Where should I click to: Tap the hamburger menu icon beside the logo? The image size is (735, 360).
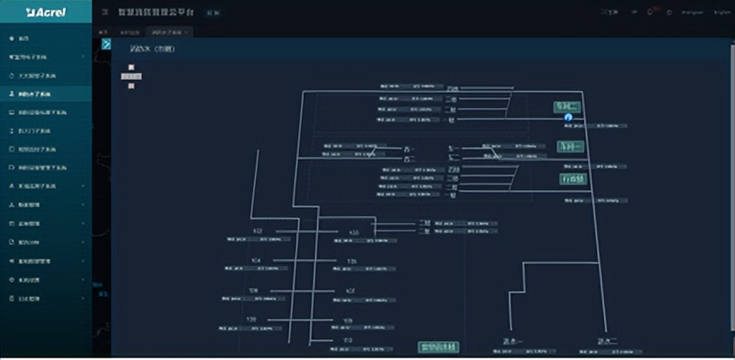(104, 12)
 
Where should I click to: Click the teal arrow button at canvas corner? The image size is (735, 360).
(106, 44)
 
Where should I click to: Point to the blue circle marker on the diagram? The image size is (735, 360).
(567, 117)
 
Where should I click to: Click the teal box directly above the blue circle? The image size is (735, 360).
(567, 107)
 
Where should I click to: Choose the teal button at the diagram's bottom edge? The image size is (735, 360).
(438, 347)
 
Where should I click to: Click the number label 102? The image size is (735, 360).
(257, 231)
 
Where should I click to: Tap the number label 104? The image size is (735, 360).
(255, 260)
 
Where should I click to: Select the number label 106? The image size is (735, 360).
(253, 291)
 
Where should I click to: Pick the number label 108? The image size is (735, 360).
(251, 320)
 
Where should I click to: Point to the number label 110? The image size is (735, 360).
(348, 340)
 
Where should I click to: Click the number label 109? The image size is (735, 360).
(348, 321)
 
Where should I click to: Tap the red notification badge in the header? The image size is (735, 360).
(653, 9)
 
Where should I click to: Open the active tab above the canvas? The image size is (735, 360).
(167, 32)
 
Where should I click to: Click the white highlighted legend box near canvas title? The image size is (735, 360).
(131, 76)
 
